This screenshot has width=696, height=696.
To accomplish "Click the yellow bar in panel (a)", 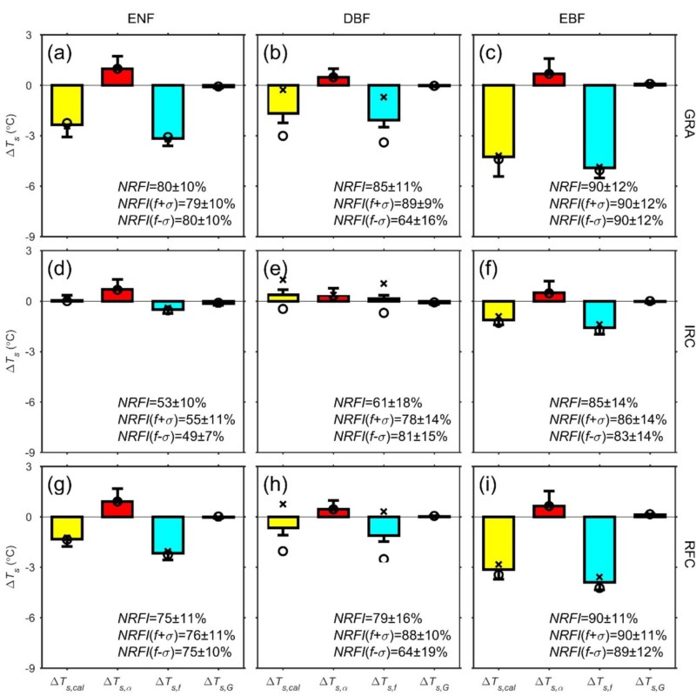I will [x=67, y=105].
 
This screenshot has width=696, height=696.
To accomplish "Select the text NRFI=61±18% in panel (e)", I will [x=375, y=402].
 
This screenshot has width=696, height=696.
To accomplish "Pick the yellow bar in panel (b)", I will [x=283, y=99].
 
